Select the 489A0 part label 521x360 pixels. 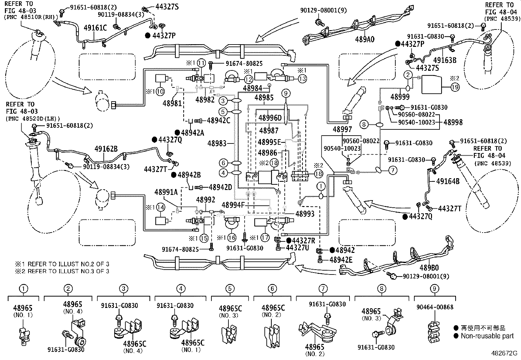tap(365, 39)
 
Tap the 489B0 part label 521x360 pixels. tap(429, 268)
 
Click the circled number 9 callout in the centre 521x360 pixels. tap(285, 94)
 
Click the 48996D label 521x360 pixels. tap(270, 118)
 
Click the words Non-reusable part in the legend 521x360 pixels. tap(487, 336)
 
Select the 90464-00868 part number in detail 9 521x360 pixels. tap(435, 307)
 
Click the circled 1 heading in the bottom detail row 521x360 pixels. tap(24, 289)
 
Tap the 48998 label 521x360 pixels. tap(453, 122)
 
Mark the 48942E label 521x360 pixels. tap(341, 260)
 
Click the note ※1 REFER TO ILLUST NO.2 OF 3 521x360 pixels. tap(62, 264)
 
